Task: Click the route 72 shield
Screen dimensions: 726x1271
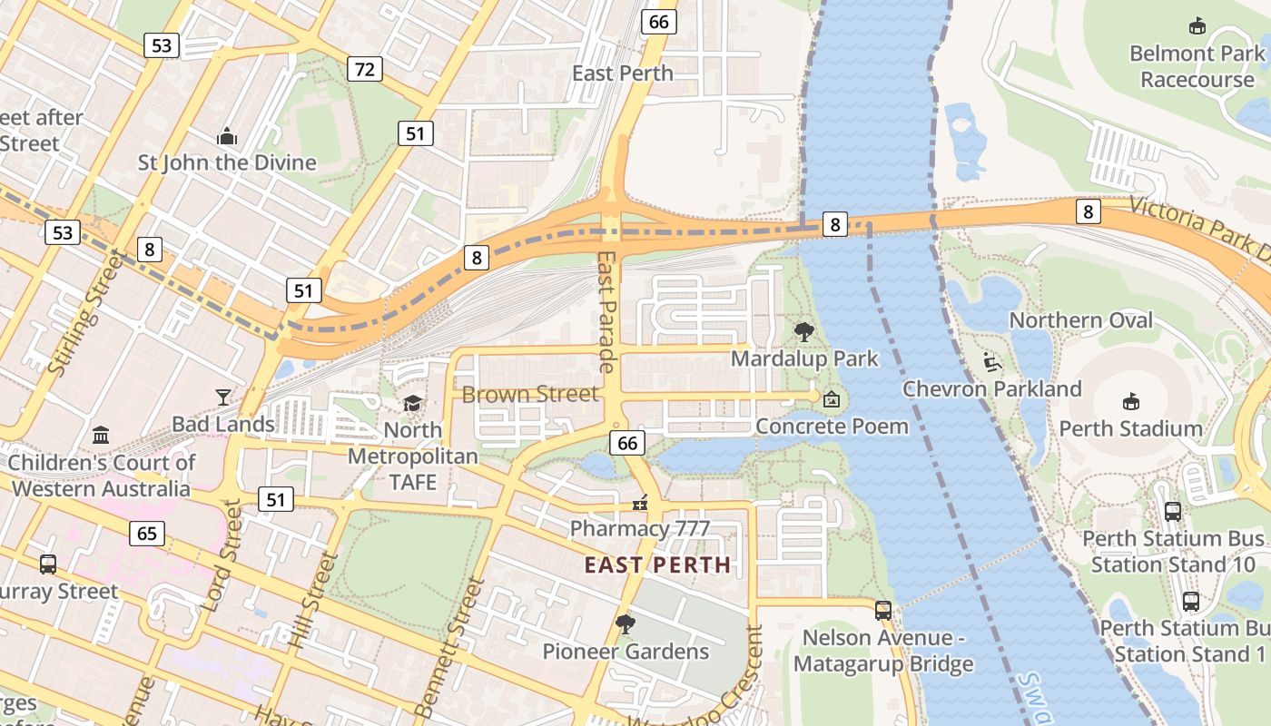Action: tap(364, 69)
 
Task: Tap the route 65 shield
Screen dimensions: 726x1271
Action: tap(147, 533)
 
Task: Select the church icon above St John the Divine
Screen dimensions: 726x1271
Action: tap(227, 137)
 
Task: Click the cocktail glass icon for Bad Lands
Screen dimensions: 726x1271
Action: tap(223, 397)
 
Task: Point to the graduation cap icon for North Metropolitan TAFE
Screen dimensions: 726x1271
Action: tap(413, 403)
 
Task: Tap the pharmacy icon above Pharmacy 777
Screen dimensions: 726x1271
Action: tap(640, 502)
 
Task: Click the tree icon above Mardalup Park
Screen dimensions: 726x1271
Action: tap(804, 332)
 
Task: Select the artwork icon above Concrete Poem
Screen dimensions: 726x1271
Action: tap(832, 399)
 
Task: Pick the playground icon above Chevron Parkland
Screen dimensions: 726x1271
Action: tap(992, 363)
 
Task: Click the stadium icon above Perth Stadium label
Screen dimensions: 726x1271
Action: tap(1130, 401)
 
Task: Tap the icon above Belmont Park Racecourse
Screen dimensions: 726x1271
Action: tap(1197, 26)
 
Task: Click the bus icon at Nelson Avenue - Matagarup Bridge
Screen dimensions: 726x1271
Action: tap(883, 611)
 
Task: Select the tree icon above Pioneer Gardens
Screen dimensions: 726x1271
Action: tap(625, 624)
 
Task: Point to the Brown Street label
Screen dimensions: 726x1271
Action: tap(530, 394)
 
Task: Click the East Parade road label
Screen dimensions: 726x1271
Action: tap(607, 312)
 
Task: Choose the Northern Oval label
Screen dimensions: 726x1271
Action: tap(1080, 320)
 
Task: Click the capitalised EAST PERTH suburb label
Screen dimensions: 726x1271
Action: tap(657, 565)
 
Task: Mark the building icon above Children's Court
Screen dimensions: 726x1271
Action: tap(101, 436)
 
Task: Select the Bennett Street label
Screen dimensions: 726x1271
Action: tap(446, 648)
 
